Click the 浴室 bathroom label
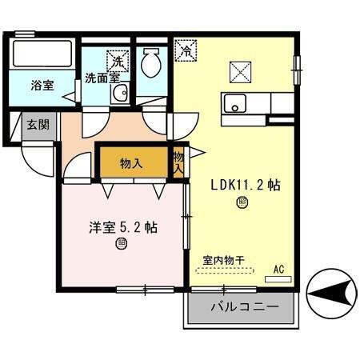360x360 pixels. pyautogui.click(x=43, y=84)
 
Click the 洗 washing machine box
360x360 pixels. pyautogui.click(x=118, y=60)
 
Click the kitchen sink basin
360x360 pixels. pyautogui.click(x=235, y=103)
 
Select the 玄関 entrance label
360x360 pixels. pyautogui.click(x=37, y=126)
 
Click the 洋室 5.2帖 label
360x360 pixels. pyautogui.click(x=122, y=227)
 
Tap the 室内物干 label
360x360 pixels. pyautogui.click(x=223, y=260)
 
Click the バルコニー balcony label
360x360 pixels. pyautogui.click(x=243, y=307)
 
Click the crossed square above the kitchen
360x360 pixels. pyautogui.click(x=241, y=73)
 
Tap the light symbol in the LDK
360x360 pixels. pyautogui.click(x=242, y=204)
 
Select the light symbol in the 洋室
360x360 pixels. pyautogui.click(x=122, y=244)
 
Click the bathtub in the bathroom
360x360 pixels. pyautogui.click(x=43, y=57)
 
